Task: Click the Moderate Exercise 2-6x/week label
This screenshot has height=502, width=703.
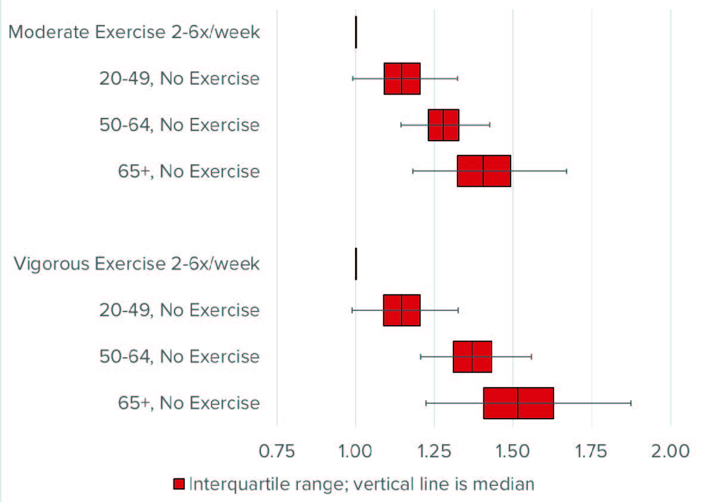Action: pyautogui.click(x=135, y=32)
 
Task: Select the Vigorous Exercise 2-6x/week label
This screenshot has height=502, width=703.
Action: pyautogui.click(x=136, y=263)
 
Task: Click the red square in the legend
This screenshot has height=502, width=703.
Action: pyautogui.click(x=179, y=484)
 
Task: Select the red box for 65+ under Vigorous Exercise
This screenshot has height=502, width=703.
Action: pyautogui.click(x=518, y=403)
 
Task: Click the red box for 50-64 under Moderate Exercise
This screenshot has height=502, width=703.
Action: pyautogui.click(x=443, y=125)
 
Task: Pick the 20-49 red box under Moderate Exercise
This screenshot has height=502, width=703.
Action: pyautogui.click(x=402, y=79)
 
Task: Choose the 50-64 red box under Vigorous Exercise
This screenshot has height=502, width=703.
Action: pyautogui.click(x=472, y=357)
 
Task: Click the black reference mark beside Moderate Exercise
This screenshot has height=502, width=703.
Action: pyautogui.click(x=356, y=32)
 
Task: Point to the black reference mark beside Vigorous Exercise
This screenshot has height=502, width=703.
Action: pyautogui.click(x=356, y=264)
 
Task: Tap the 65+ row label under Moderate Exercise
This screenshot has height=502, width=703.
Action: pyautogui.click(x=189, y=172)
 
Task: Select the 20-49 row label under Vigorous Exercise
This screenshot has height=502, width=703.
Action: pyautogui.click(x=179, y=310)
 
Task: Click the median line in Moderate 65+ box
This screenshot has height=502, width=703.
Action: pyautogui.click(x=483, y=172)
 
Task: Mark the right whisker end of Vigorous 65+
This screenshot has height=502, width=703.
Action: pyautogui.click(x=631, y=403)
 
